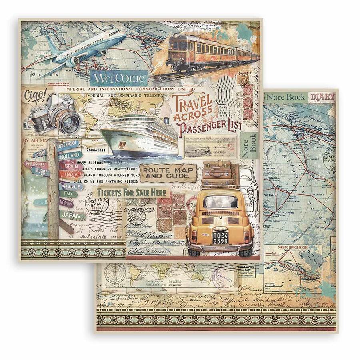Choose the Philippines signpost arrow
click(x=36, y=164)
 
